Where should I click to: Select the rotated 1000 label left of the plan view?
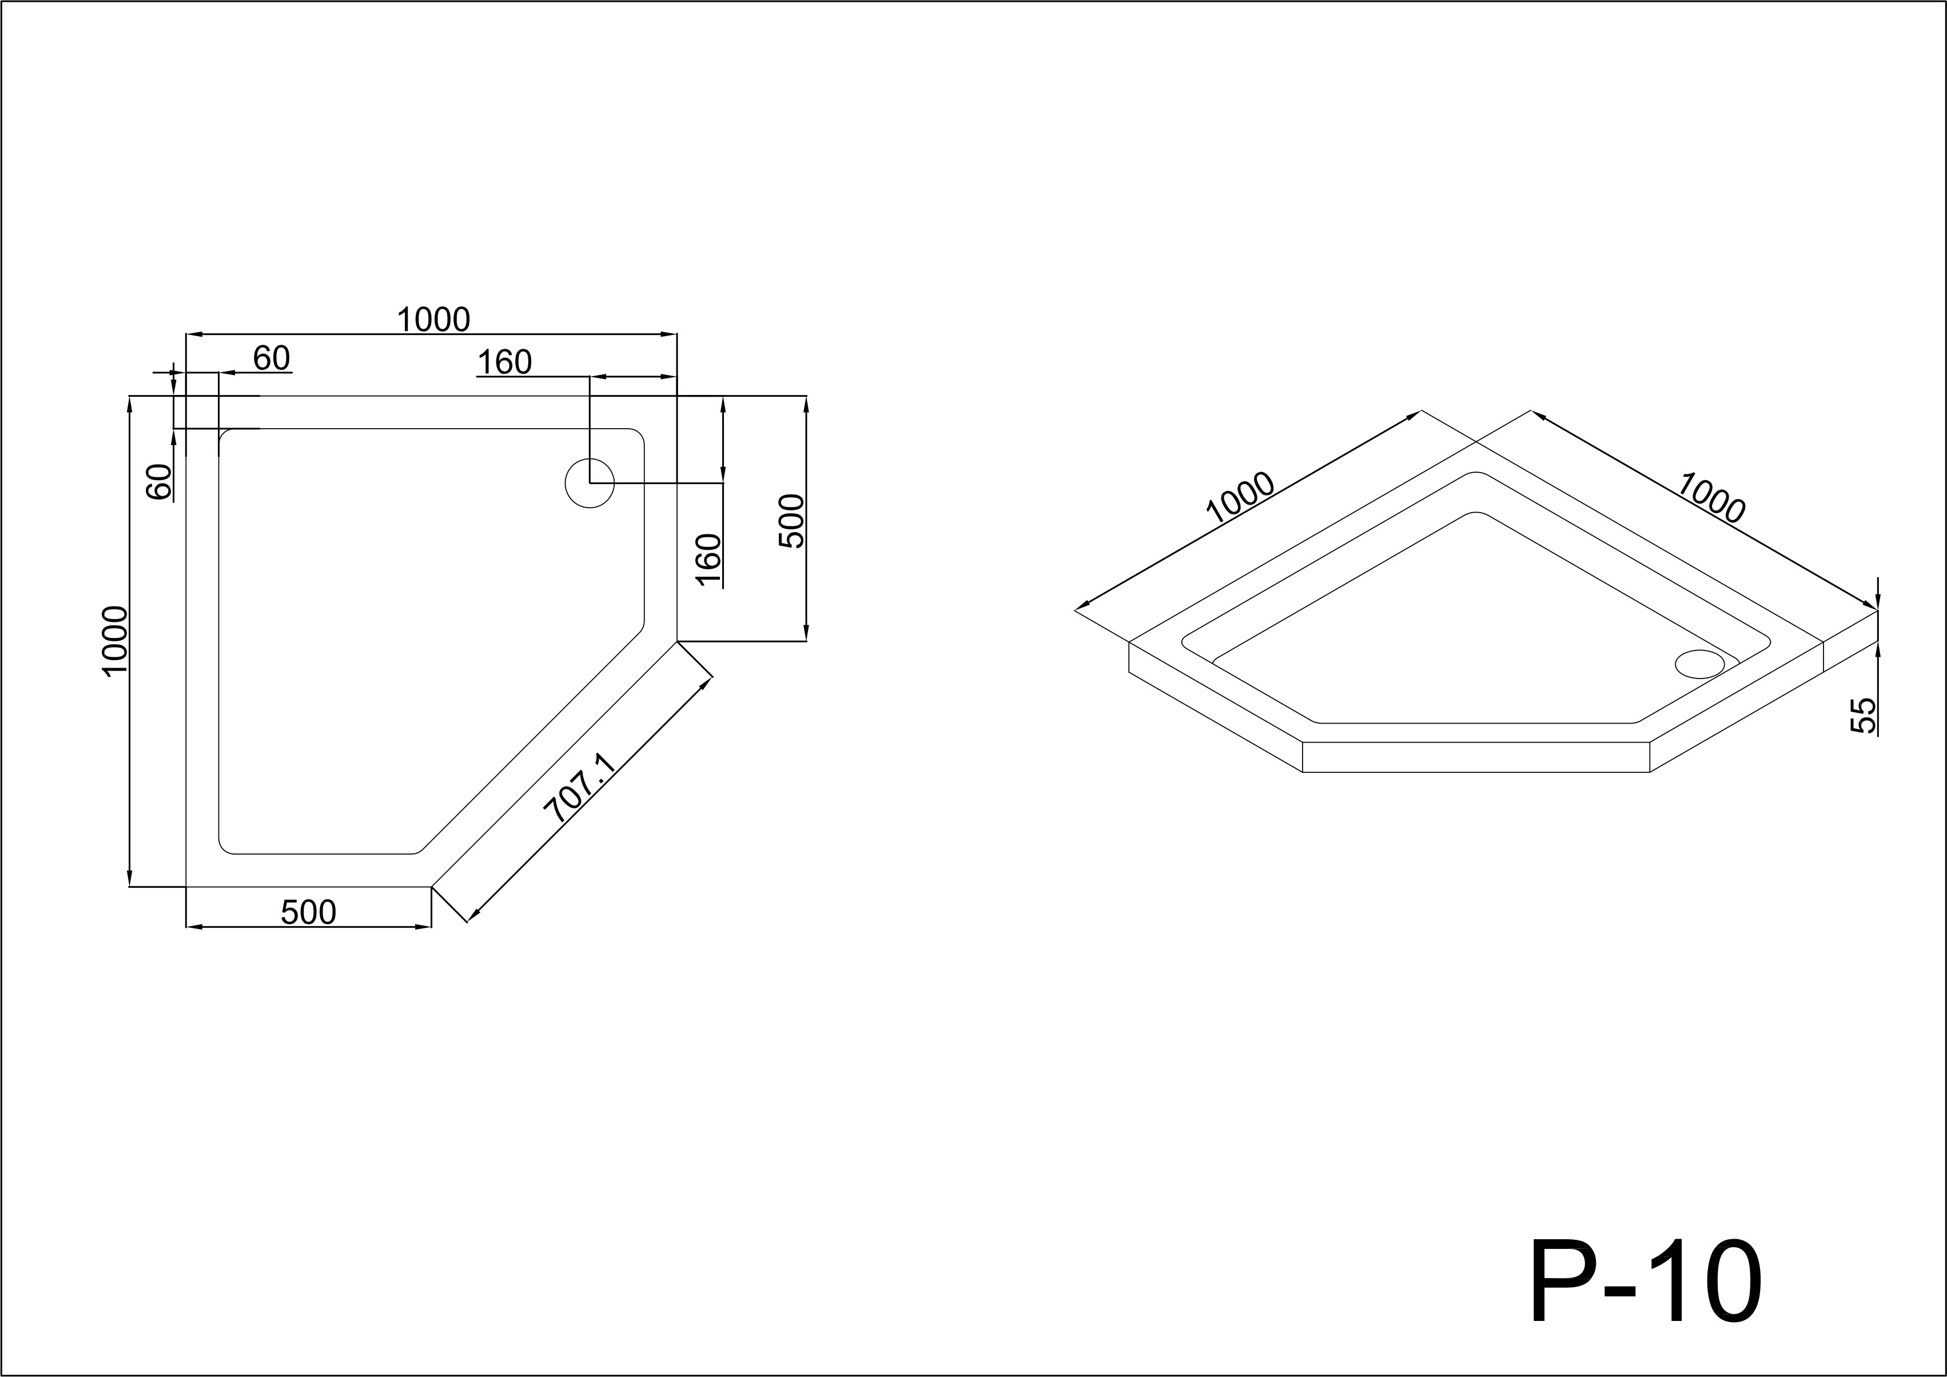click(114, 641)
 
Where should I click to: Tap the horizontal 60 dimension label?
click(272, 358)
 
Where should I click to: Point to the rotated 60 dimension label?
click(160, 482)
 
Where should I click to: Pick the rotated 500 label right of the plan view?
click(790, 521)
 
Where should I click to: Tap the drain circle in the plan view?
click(590, 484)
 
